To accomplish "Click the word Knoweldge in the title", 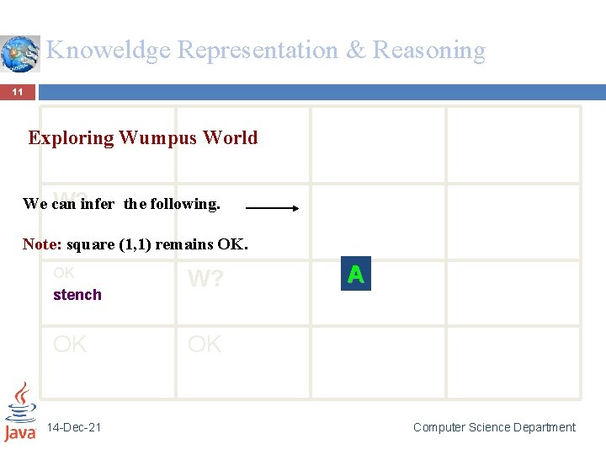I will (x=109, y=51).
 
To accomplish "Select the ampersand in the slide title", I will (x=356, y=51).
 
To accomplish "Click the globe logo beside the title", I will (x=20, y=54).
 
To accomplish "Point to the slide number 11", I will (x=17, y=92).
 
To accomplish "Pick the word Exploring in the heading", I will (x=71, y=137).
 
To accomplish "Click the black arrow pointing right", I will (x=270, y=206).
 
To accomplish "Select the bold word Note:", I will (x=42, y=244).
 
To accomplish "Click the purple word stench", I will (x=77, y=295).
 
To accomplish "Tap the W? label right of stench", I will (x=205, y=279).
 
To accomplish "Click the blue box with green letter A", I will (x=355, y=275).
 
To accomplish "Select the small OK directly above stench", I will (x=64, y=273).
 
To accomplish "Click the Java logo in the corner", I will (x=19, y=412).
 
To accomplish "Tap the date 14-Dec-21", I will (x=74, y=427).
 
